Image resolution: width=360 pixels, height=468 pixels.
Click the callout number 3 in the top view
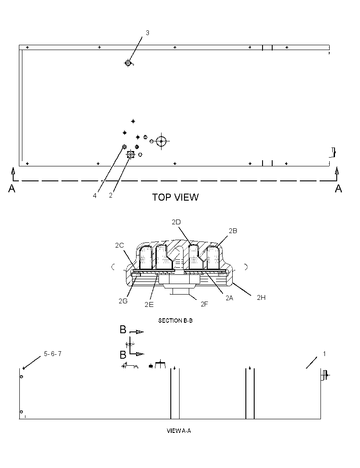coord(148,33)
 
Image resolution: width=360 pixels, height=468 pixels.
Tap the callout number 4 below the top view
coord(95,195)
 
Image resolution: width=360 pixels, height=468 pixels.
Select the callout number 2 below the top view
coord(111,195)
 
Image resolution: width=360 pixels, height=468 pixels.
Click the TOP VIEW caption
coord(175,197)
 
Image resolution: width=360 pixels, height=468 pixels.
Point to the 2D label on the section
coord(176,222)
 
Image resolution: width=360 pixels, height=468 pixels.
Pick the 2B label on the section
coord(233,231)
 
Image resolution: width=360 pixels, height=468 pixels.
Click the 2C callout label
coord(119,245)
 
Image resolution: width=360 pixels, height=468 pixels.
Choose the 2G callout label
coord(123,301)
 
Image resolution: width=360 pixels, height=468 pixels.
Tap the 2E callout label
coord(149,304)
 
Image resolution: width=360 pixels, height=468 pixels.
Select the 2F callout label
coord(204,304)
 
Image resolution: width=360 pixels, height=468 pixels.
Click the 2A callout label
coord(229,298)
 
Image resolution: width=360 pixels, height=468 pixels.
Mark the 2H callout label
coord(261,297)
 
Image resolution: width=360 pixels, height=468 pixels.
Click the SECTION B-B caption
coord(175,320)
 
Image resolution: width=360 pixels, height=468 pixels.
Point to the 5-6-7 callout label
coord(53,354)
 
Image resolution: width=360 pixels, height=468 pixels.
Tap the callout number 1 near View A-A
coord(324,354)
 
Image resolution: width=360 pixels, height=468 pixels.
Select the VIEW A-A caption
coord(179,430)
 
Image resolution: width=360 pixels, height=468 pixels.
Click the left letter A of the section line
coord(12,188)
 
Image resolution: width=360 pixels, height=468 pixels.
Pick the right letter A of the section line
coord(338,188)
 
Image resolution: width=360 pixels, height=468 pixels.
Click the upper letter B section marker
coord(123,329)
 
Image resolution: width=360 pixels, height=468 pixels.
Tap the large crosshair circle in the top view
coord(161,141)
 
